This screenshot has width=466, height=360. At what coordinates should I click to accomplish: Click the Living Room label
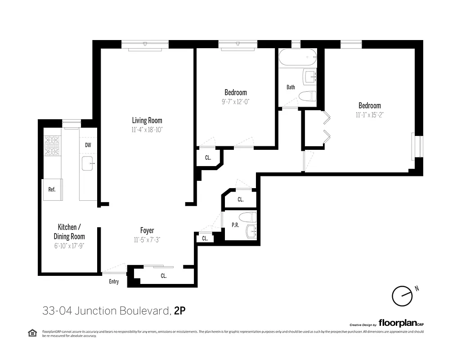147,121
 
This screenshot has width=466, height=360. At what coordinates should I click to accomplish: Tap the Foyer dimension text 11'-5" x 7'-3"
147,240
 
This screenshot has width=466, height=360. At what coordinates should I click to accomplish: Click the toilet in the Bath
308,96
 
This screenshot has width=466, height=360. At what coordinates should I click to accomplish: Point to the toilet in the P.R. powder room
247,217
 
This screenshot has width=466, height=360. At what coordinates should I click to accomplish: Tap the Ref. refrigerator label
52,189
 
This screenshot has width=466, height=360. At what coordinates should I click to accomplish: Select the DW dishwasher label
88,145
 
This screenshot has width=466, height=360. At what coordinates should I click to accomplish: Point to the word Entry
114,282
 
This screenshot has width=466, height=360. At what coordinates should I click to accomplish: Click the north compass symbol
401,296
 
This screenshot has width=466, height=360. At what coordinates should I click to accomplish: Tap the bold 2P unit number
180,310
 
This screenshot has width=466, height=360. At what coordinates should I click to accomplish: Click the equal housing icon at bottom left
32,333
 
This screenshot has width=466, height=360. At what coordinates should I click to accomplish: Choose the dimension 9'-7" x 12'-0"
235,102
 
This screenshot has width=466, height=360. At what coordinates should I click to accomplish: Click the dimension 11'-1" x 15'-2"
369,115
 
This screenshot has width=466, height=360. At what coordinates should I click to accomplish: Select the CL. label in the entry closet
163,276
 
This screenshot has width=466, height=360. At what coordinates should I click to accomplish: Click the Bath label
291,87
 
